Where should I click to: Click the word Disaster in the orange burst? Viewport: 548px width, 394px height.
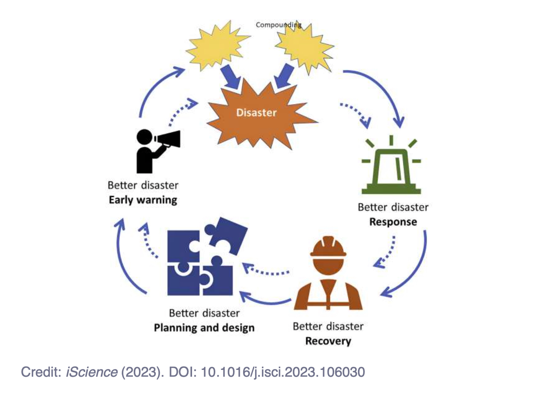(256, 113)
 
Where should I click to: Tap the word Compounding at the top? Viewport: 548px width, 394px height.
(278, 25)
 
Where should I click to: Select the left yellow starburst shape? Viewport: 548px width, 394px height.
(217, 45)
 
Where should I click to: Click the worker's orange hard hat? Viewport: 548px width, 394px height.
(328, 247)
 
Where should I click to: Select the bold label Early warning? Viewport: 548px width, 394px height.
(143, 200)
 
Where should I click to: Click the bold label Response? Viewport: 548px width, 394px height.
(393, 222)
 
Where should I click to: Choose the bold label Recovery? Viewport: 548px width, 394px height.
(328, 341)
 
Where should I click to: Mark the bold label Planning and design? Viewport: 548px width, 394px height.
(204, 328)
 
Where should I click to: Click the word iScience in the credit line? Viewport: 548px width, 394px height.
(92, 372)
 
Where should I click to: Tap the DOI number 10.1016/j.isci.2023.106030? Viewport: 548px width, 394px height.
(283, 372)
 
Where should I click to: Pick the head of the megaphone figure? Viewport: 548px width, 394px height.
(144, 137)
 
